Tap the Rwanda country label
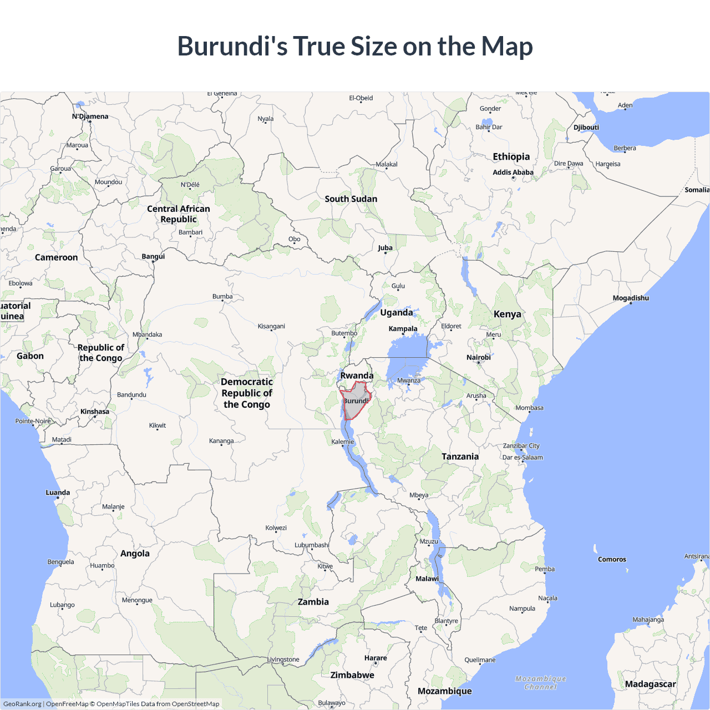click(x=357, y=376)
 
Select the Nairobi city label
click(x=478, y=357)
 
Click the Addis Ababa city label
click(x=513, y=173)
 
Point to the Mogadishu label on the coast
click(x=630, y=298)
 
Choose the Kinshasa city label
click(x=95, y=412)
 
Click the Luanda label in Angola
click(x=58, y=493)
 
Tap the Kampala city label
click(x=403, y=328)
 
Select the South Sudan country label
click(x=351, y=199)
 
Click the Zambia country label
click(x=313, y=602)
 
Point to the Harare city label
click(x=376, y=658)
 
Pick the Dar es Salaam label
click(x=522, y=458)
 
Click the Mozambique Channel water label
click(x=540, y=683)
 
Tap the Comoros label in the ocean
click(x=612, y=559)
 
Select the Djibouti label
click(x=586, y=127)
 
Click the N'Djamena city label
click(x=90, y=116)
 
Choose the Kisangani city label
click(x=271, y=326)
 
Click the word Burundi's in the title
click(x=232, y=46)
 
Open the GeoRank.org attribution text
click(x=22, y=704)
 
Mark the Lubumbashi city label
click(x=312, y=545)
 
